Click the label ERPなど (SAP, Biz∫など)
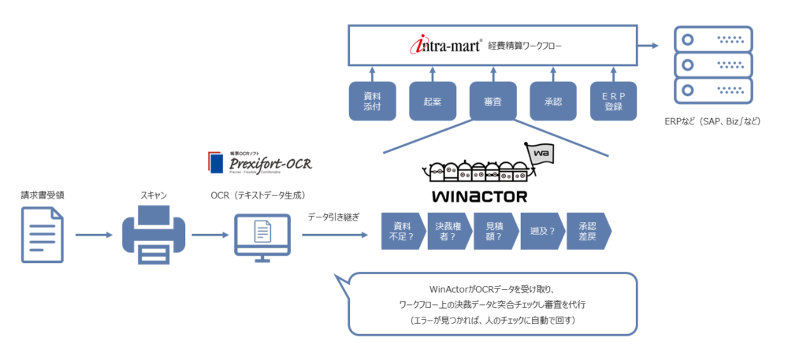click(712, 122)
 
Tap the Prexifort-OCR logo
click(259, 161)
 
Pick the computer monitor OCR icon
click(263, 235)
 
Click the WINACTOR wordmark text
click(479, 195)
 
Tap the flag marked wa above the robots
click(541, 154)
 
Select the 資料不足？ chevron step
click(403, 231)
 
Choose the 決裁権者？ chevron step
click(450, 231)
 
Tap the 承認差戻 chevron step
click(588, 231)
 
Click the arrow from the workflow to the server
click(652, 46)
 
